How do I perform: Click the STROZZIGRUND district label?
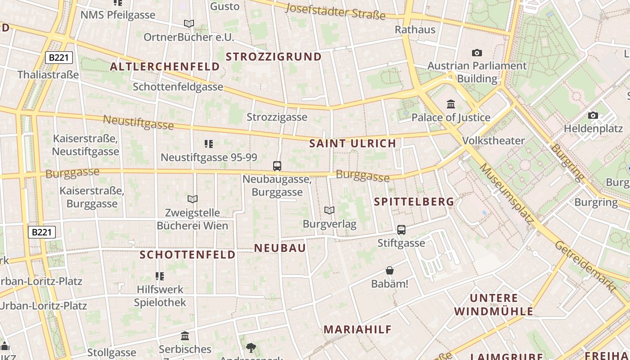click(x=274, y=57)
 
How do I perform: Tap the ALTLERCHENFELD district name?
click(x=165, y=67)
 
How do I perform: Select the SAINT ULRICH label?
click(x=353, y=144)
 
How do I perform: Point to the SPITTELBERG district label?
click(x=414, y=202)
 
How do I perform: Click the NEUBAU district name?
click(x=280, y=248)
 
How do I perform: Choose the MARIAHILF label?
click(x=358, y=329)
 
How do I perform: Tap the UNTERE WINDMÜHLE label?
click(x=494, y=305)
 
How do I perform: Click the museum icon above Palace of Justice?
click(x=451, y=105)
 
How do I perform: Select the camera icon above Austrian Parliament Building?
click(x=477, y=53)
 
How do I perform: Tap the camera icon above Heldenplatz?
click(x=593, y=116)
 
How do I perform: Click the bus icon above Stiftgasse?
click(x=401, y=230)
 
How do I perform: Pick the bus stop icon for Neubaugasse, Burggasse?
click(x=277, y=166)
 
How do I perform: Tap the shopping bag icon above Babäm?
click(x=390, y=270)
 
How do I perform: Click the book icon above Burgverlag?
click(x=329, y=210)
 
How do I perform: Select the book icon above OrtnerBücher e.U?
click(x=189, y=23)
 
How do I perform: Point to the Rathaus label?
click(x=415, y=30)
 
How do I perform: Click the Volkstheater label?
click(x=494, y=141)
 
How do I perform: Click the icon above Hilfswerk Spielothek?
click(x=160, y=276)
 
